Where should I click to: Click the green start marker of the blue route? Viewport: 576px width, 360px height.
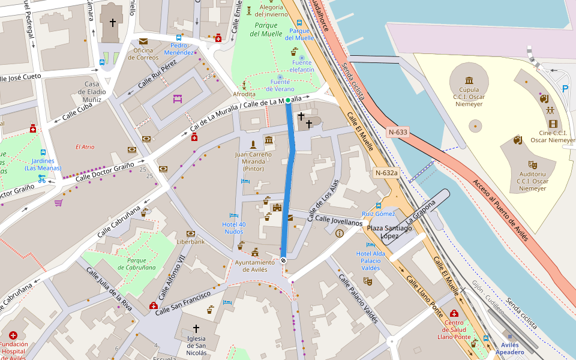pos(288,100)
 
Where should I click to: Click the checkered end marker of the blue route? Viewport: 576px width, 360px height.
pos(283,260)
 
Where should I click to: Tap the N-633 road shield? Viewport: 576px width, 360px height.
pos(398,132)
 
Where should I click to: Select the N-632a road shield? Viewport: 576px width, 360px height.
pos(386,173)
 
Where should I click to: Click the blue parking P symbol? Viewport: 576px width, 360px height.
pos(565,88)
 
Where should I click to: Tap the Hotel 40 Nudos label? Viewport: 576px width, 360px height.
pos(234,228)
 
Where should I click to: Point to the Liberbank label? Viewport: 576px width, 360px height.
pos(191,242)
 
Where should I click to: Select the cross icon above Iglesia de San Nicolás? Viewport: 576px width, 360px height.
pos(196,328)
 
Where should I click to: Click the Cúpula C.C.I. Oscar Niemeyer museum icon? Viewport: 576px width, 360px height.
pos(469,80)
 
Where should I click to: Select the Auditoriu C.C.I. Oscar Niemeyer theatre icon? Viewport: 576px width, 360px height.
pos(532,164)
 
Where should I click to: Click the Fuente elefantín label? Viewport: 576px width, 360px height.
pos(302,66)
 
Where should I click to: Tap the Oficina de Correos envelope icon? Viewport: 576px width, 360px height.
pos(143,41)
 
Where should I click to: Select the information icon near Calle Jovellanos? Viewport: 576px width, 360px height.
pos(340,233)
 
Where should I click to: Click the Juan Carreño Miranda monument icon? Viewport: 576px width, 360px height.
pos(253,144)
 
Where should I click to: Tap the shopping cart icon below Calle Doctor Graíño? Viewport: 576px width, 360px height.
pos(58,203)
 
